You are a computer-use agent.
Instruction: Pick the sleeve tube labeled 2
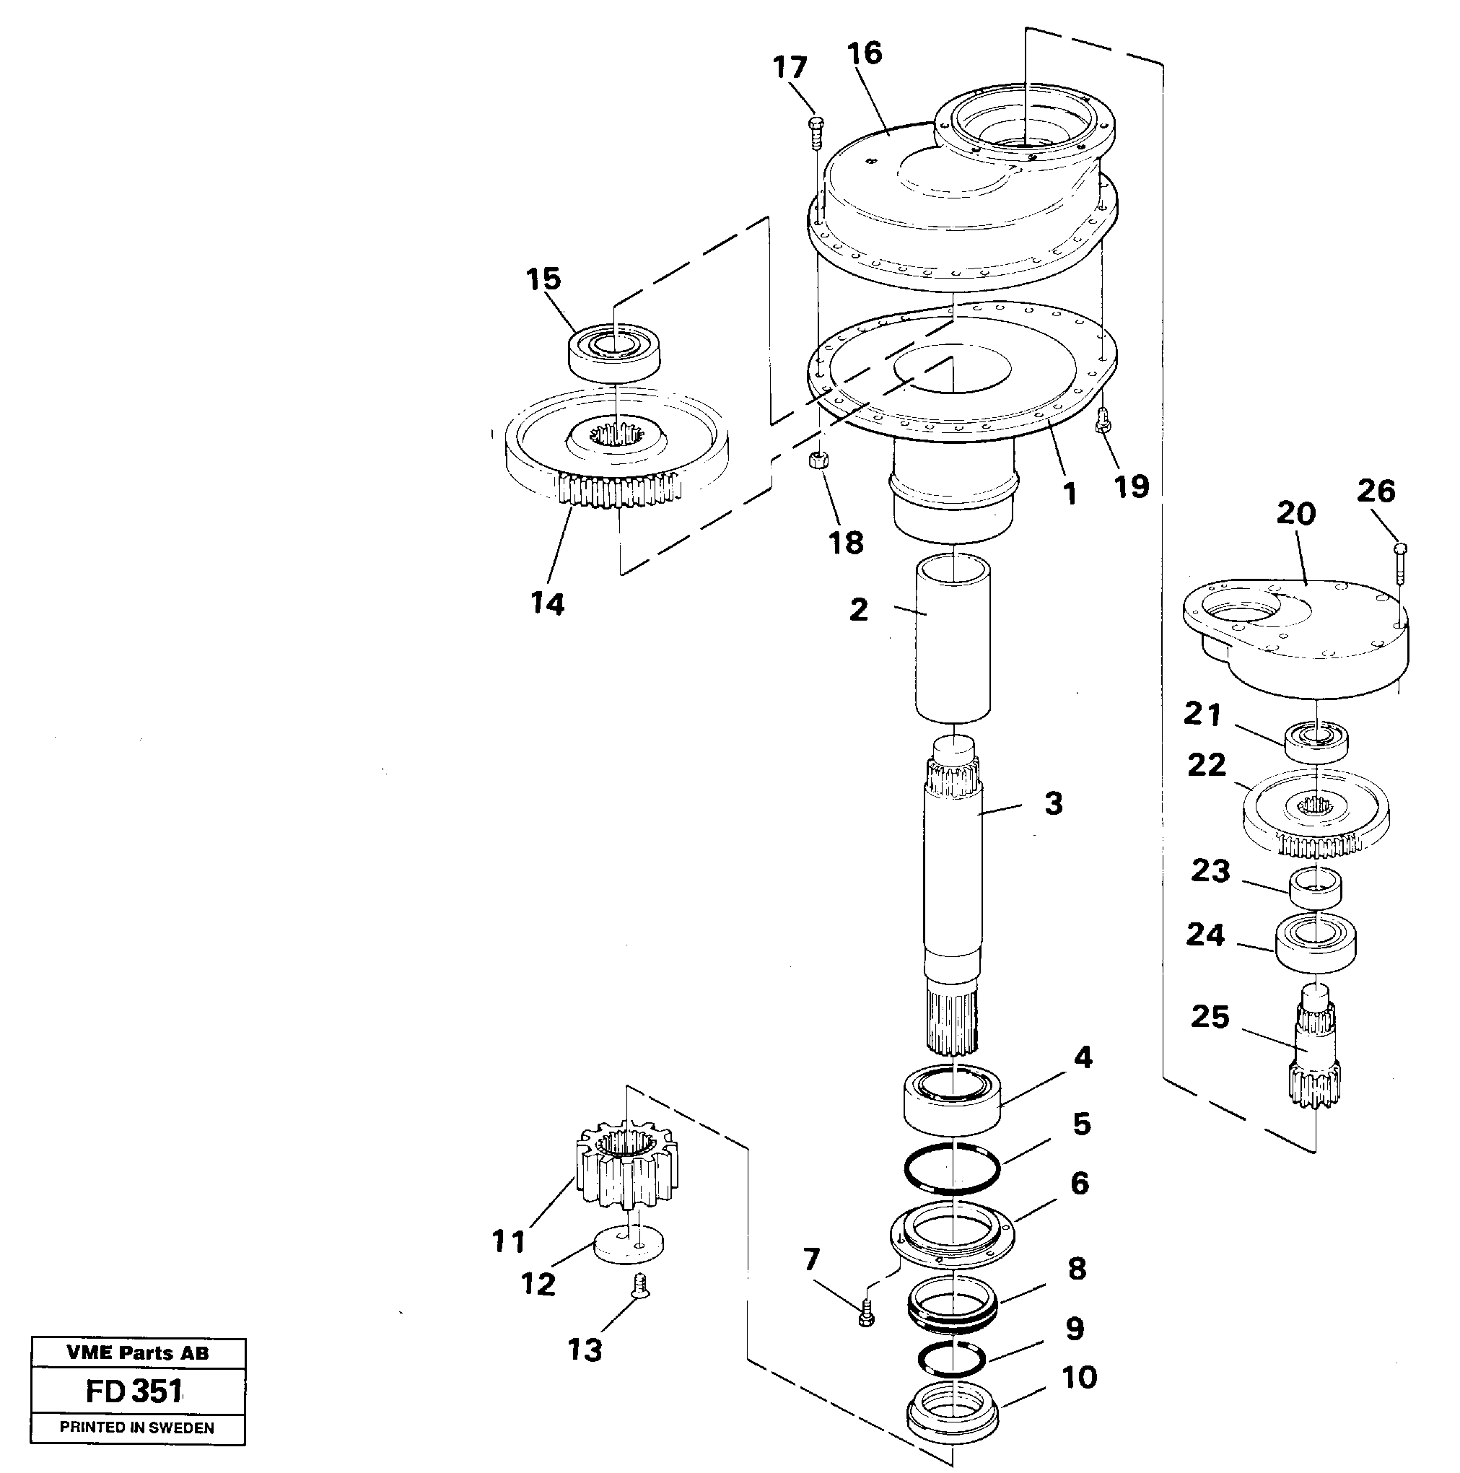(x=953, y=639)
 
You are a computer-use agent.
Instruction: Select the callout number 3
(x=1053, y=803)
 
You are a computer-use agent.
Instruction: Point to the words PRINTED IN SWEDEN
(x=137, y=1428)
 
